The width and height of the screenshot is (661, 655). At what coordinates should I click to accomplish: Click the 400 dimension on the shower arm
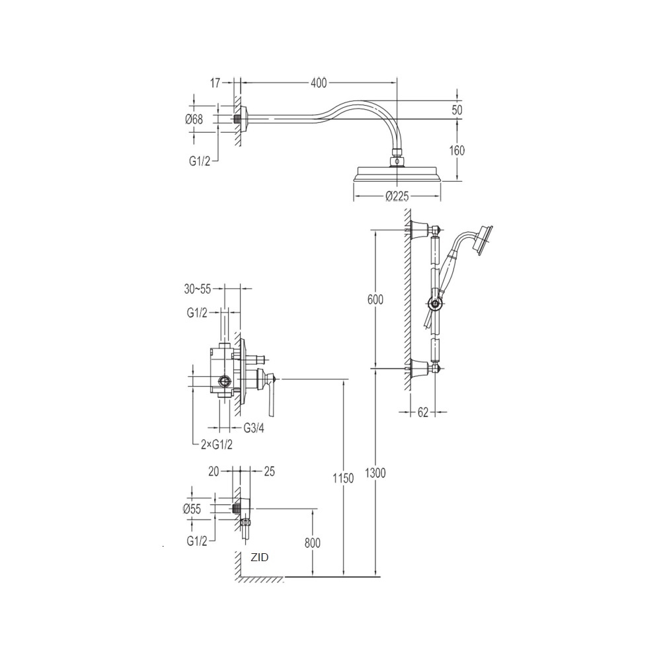(x=319, y=83)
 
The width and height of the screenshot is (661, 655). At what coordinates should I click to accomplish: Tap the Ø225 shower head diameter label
(x=397, y=196)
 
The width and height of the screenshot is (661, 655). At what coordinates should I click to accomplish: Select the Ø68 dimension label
(x=194, y=119)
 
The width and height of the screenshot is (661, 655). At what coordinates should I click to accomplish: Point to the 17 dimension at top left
(x=215, y=83)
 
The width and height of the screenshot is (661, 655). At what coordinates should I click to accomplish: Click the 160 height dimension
(x=457, y=150)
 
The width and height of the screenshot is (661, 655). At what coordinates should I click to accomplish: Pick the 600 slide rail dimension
(x=375, y=299)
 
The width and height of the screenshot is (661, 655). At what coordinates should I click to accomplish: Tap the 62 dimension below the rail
(x=423, y=412)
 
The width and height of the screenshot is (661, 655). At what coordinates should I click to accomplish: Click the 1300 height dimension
(x=375, y=473)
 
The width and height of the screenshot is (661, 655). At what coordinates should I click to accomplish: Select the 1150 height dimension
(x=343, y=479)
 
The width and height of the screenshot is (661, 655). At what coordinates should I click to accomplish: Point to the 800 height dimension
(x=313, y=543)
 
